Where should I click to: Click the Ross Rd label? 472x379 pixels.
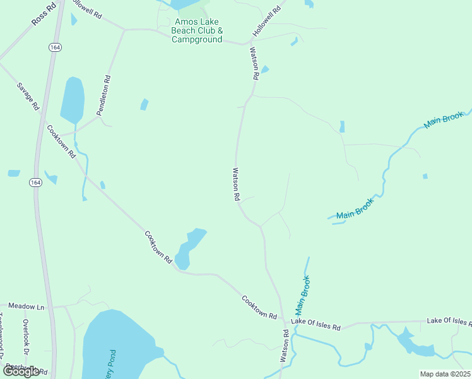(43, 14)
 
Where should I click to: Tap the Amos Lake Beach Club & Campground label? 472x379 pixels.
(198, 30)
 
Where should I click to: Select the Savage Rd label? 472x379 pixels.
(28, 97)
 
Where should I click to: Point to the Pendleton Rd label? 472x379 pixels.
(103, 95)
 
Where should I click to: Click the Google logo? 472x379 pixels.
(21, 371)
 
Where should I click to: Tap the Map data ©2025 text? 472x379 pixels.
(445, 374)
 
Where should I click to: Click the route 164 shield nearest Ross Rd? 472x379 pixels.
(54, 47)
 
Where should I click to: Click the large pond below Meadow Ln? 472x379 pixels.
(117, 344)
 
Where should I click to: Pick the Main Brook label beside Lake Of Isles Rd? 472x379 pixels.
(302, 296)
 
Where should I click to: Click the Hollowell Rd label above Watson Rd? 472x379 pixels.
(267, 22)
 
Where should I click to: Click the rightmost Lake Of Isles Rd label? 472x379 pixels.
(449, 322)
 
